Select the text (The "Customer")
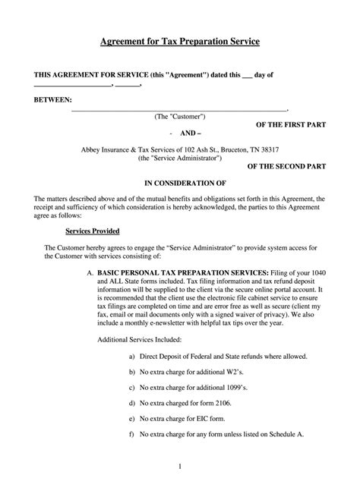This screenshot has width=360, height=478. pos(180,117)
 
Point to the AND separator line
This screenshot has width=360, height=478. pos(180,132)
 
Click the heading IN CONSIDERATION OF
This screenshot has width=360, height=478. pos(180,182)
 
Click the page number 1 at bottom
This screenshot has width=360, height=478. pos(180,464)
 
